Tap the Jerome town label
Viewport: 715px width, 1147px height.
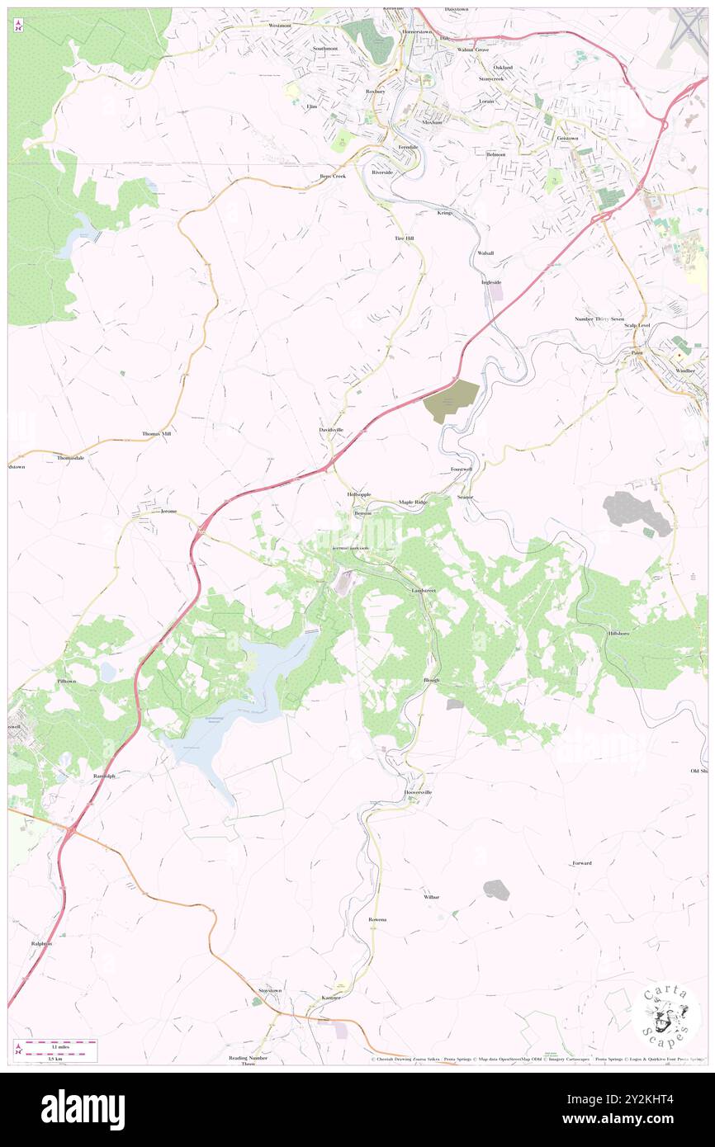[168, 512]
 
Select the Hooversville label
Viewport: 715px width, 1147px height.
[418, 792]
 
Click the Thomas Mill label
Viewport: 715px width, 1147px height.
[156, 433]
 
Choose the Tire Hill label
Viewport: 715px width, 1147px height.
[403, 238]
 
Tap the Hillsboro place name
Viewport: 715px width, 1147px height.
[618, 633]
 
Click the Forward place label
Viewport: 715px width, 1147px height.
[582, 863]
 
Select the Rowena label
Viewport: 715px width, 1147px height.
[377, 919]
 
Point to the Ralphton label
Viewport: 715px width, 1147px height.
[41, 943]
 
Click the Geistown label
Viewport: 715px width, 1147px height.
[567, 138]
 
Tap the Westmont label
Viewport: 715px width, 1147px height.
[280, 26]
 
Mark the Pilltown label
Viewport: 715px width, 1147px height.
[66, 682]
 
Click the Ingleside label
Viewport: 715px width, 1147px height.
[491, 282]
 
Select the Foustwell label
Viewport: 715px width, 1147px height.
[462, 469]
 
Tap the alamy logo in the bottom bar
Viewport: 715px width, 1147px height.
[83, 1109]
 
